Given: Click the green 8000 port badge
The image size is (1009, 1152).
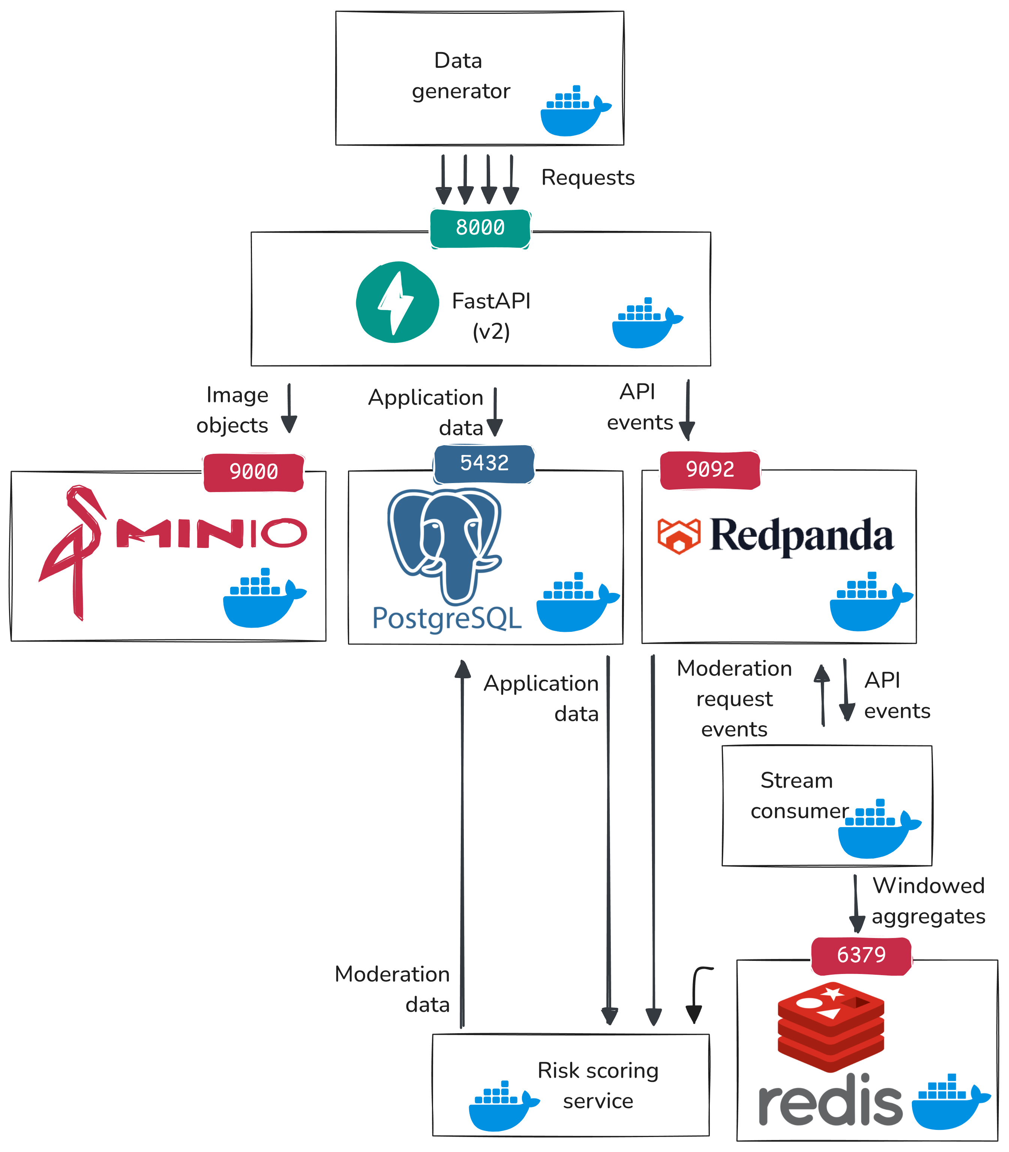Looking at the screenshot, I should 480,228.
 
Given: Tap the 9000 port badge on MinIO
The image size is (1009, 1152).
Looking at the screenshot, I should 253,471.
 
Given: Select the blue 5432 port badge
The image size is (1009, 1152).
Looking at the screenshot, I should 484,463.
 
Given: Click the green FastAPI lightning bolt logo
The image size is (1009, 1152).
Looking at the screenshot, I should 397,302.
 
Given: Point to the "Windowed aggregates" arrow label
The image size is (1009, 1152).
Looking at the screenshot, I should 928,901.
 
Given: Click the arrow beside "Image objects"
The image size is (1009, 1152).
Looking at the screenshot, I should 289,409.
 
